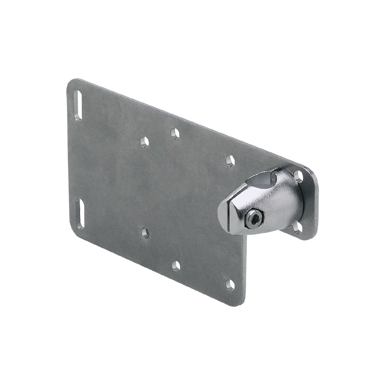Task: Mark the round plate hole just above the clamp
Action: (x=230, y=160)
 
